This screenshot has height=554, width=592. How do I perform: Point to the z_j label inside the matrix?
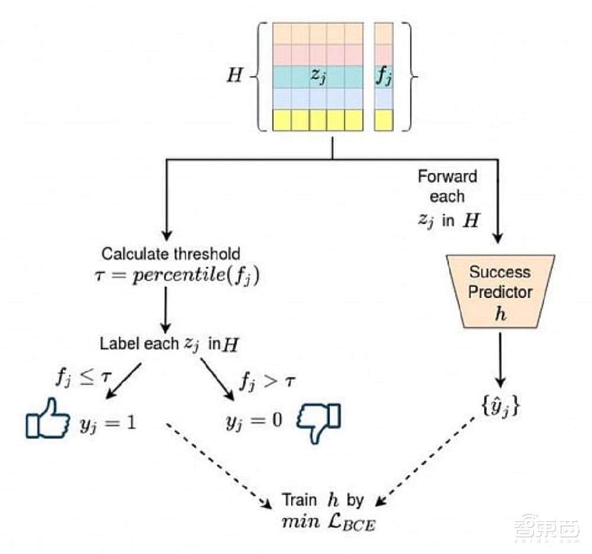pos(319,76)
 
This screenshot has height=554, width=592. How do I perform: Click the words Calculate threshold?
pos(171,254)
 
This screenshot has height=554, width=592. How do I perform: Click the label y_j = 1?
pos(108,422)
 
